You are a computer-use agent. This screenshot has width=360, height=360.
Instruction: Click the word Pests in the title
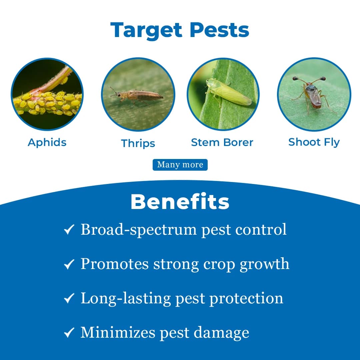click(x=220, y=31)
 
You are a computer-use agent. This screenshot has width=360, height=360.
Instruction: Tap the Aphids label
click(x=47, y=142)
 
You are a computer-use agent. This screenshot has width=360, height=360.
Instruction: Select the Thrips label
click(x=138, y=143)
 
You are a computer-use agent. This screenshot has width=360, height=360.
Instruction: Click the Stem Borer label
click(x=222, y=142)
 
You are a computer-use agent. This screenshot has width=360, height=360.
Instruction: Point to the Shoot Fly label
click(x=314, y=142)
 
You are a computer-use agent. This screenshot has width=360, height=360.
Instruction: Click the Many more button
click(x=180, y=165)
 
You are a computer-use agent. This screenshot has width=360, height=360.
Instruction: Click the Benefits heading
click(x=180, y=202)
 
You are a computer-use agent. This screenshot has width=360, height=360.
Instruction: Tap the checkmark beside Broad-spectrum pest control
click(x=69, y=230)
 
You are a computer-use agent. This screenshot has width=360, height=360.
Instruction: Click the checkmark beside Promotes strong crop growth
click(x=69, y=265)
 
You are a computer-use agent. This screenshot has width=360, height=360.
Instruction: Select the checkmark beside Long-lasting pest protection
click(x=69, y=299)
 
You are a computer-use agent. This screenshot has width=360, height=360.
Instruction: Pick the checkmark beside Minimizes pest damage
click(x=69, y=333)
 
